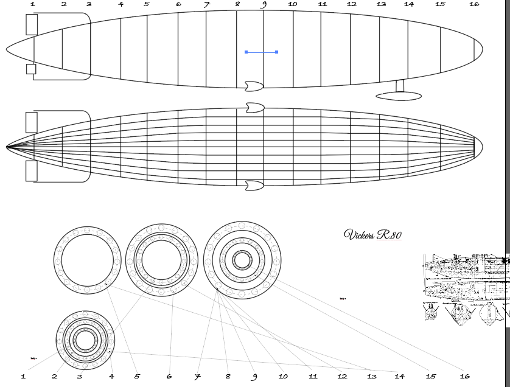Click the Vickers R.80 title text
372,235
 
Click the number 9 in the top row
264,4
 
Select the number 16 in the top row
474,4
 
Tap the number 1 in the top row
32,4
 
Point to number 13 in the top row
381,4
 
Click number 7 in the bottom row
197,377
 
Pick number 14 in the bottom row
400,377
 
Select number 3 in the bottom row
80,377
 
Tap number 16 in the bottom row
464,377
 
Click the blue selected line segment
261,52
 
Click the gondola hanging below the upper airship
399,96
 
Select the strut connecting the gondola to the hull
400,86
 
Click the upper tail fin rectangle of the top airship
32,24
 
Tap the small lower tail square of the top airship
31,69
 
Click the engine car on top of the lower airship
254,108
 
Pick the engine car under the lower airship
254,185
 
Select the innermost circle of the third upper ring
242,260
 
